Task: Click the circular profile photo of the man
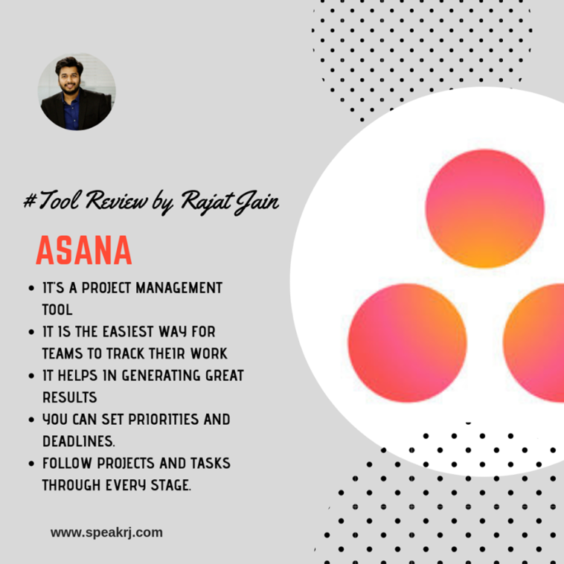(x=77, y=92)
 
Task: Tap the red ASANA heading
(x=84, y=250)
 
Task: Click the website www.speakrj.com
(x=106, y=533)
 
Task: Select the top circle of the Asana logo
(x=484, y=208)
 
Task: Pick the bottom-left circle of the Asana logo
(x=407, y=343)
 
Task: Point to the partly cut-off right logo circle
(x=533, y=343)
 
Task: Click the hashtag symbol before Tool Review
(x=30, y=200)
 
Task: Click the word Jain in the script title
(x=257, y=202)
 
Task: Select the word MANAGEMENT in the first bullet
(x=179, y=288)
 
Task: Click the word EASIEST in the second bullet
(x=129, y=332)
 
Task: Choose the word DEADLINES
(x=78, y=441)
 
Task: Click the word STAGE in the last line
(x=170, y=485)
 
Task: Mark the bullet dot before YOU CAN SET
(x=31, y=420)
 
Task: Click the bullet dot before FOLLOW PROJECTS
(x=31, y=464)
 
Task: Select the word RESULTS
(x=70, y=397)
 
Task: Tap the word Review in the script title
(x=117, y=201)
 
